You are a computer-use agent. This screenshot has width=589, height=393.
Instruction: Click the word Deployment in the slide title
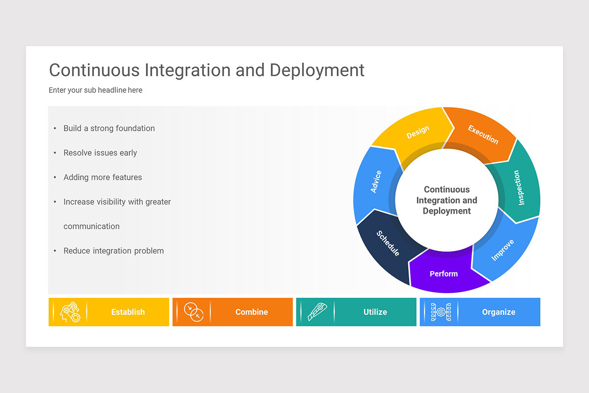point(317,70)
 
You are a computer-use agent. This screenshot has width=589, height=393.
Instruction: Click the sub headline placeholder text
point(95,90)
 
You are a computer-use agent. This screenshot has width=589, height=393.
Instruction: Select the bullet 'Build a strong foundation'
point(109,128)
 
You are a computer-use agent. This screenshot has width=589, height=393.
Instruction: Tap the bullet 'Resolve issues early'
point(100,153)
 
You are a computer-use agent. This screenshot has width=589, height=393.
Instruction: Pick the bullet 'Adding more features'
point(103,177)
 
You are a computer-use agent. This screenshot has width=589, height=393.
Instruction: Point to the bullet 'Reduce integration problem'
point(113,251)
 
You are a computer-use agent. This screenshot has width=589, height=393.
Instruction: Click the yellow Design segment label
point(418,132)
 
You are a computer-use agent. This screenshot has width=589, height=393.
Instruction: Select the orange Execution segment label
point(483,135)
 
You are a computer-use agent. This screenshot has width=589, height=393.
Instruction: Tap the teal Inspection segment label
point(519,188)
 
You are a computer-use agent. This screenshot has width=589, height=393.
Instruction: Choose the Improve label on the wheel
point(503,250)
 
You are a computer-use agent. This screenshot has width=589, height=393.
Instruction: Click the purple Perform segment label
point(444,274)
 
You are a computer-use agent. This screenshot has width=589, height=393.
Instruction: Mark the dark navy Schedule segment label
point(388,243)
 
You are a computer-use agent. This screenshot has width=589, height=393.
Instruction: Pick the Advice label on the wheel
point(376,182)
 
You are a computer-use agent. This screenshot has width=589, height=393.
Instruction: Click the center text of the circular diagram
point(447,200)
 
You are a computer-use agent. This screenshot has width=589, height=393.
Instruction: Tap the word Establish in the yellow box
point(128,312)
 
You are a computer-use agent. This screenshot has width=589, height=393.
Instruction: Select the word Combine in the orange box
point(251,312)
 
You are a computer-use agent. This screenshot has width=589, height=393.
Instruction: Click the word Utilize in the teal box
point(375,312)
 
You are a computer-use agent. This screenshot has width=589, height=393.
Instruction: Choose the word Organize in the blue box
point(499,312)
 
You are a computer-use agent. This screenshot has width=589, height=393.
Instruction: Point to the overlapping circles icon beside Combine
point(193,312)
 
